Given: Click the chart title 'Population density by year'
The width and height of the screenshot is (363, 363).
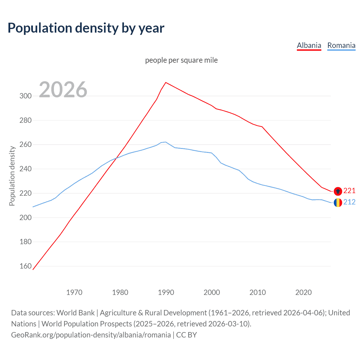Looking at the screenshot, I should coord(86,28).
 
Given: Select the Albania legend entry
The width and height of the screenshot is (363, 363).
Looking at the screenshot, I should coord(309,45).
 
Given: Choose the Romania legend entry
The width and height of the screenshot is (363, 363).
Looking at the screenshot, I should coord(341,45).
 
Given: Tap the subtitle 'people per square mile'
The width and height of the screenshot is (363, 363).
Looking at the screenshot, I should coord(181,60).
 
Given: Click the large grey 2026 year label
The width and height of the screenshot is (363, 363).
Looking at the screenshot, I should coord(63,90).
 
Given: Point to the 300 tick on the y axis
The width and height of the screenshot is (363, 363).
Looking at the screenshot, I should coord(26,96).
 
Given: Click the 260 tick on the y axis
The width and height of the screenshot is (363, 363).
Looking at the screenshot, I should coord(26,145).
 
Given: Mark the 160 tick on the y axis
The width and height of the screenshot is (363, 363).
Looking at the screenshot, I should coord(26,266).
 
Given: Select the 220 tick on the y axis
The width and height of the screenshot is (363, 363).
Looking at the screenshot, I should coord(26,193).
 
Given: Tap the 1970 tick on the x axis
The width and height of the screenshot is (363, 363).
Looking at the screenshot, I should coord(74,292).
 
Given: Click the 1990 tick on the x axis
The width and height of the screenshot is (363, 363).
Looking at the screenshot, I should coord(166,292).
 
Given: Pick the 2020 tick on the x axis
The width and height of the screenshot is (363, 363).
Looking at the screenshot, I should coord(303,292).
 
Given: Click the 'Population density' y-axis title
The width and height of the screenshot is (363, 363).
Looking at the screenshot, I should coord(12,176).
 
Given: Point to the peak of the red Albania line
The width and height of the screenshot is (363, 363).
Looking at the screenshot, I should coord(166,83).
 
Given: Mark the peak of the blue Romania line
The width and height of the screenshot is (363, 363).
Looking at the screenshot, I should coord(165,142).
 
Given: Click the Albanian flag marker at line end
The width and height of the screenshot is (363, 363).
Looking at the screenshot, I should coord(337,191).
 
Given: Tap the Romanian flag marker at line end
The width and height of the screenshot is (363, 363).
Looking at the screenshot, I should coord(337,202).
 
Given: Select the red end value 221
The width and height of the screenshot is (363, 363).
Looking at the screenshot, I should coord(349,191).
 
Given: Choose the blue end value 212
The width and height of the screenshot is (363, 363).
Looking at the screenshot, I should coord(349,202).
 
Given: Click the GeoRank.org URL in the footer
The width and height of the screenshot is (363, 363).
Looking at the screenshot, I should coord(91,335).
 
